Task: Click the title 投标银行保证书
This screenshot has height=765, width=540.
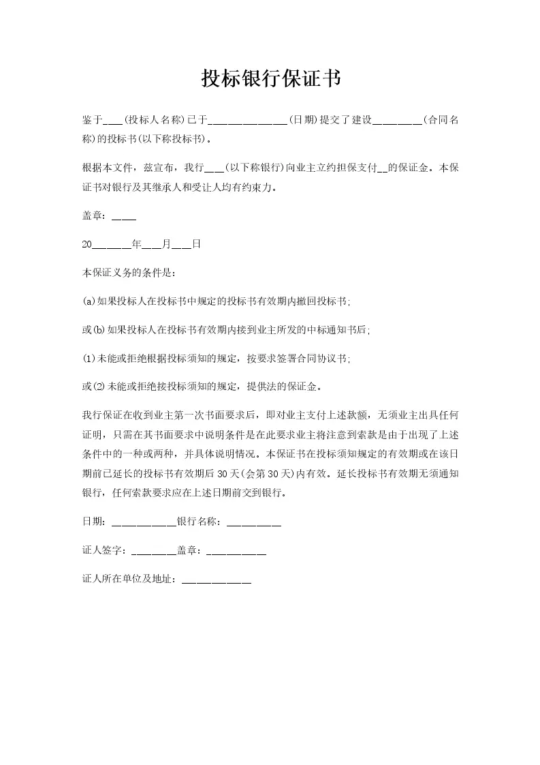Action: [270, 79]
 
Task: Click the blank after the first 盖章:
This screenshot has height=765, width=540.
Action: [123, 217]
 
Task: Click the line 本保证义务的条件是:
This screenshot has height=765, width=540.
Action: [129, 273]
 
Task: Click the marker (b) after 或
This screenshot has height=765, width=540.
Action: [99, 330]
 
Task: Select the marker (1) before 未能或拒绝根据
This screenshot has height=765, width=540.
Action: [89, 359]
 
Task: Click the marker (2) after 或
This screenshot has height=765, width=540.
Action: [99, 387]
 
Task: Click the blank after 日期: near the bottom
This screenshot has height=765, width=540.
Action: [143, 524]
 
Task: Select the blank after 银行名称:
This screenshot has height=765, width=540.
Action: [253, 524]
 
